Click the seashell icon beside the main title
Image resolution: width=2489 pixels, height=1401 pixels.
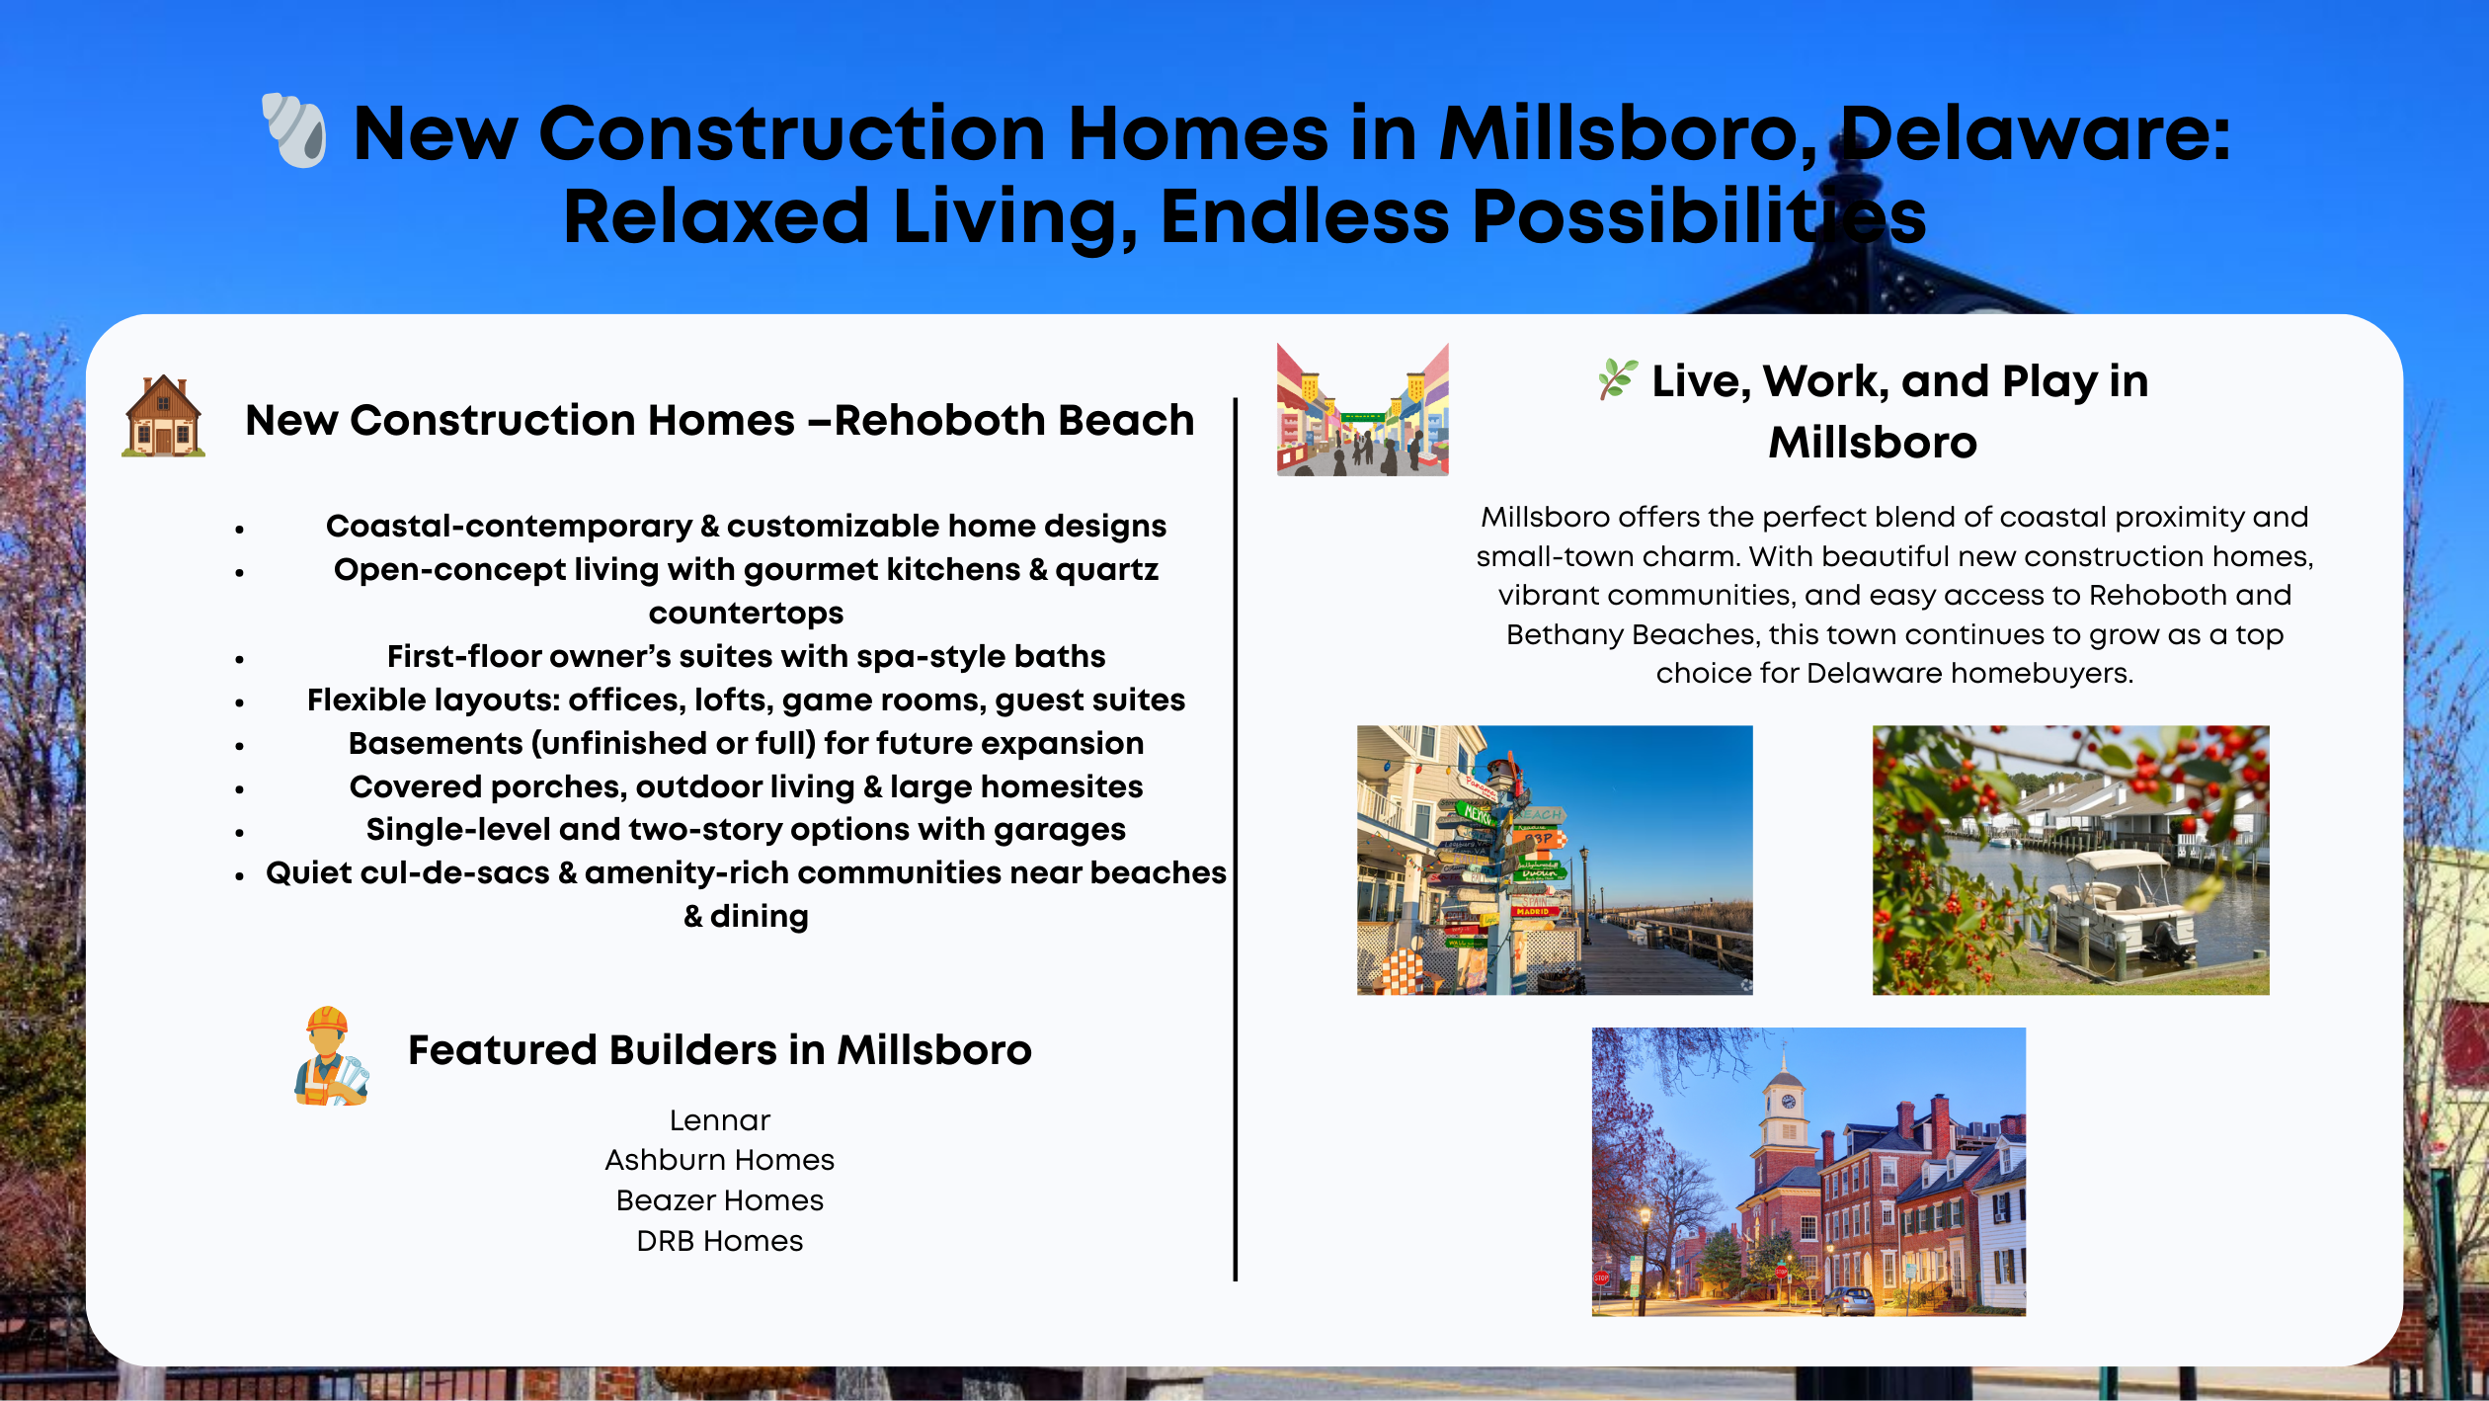tap(294, 130)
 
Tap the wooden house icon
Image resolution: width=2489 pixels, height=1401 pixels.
tap(163, 417)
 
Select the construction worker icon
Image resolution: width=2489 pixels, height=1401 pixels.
tap(330, 1056)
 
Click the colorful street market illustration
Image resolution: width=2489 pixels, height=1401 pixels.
tap(1362, 410)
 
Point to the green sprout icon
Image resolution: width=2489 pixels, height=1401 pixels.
tap(1617, 379)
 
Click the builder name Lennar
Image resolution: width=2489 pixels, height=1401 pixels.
tap(719, 1120)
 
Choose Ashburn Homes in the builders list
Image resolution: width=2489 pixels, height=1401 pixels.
tap(719, 1160)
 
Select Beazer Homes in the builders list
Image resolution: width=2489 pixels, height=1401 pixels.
tap(719, 1200)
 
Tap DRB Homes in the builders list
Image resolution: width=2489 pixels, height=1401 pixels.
tap(719, 1241)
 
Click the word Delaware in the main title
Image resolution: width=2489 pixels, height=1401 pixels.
tap(2035, 133)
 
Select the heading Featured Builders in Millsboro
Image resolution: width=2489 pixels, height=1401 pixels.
tap(719, 1050)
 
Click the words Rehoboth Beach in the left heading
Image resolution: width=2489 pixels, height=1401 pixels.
tap(1014, 421)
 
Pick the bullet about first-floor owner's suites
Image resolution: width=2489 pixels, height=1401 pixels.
tap(746, 656)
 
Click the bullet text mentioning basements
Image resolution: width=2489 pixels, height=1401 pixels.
tap(746, 743)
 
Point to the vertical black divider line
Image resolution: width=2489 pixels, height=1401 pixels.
tap(1235, 840)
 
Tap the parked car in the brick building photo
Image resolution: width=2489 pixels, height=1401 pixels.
tap(1846, 1301)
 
